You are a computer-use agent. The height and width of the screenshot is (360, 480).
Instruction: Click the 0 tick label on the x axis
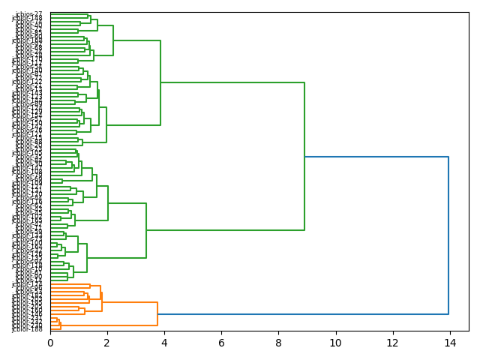[50, 342]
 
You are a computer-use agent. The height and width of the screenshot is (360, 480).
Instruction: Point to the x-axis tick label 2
[107, 342]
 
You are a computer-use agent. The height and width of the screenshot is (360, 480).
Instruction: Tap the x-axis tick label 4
[164, 342]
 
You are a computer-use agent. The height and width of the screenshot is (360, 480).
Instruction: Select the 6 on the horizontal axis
[221, 342]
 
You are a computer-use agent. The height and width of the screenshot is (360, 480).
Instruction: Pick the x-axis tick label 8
[278, 342]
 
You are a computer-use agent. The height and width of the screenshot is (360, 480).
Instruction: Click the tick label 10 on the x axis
[335, 342]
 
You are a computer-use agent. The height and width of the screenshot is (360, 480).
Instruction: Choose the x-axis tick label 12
[392, 342]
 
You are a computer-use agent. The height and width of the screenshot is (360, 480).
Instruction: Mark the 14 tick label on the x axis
[449, 342]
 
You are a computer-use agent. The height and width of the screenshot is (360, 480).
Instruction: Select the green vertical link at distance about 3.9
[160, 82]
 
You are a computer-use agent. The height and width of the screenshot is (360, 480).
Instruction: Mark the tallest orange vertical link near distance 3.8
[157, 314]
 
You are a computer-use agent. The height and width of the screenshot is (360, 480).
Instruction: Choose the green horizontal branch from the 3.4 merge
[225, 230]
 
